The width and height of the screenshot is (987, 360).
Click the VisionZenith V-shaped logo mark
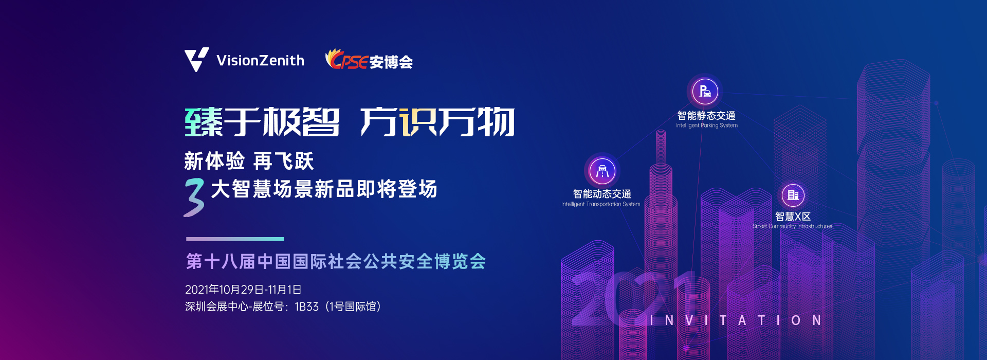(x=196, y=60)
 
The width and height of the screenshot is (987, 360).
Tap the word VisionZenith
(x=260, y=61)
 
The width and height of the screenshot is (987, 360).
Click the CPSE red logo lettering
(x=347, y=60)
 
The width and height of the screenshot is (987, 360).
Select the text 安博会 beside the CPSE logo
(x=391, y=62)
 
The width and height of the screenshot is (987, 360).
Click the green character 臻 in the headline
(x=204, y=122)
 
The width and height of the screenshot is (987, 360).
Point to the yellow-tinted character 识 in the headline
(x=418, y=122)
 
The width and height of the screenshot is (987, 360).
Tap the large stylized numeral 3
(x=194, y=197)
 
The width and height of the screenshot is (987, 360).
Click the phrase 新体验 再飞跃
(x=249, y=161)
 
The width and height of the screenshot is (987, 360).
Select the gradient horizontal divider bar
(x=235, y=239)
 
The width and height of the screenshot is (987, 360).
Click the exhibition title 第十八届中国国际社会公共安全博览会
(x=336, y=261)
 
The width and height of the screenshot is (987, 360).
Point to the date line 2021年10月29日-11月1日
(x=243, y=290)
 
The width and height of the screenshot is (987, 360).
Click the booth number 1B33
(x=307, y=307)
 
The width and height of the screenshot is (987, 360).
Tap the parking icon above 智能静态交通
(x=705, y=92)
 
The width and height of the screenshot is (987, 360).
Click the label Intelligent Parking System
(x=707, y=125)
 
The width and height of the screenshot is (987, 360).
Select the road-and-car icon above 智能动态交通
(x=602, y=170)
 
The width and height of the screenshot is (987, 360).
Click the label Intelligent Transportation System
(x=601, y=204)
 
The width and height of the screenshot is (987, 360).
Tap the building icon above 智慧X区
(x=793, y=195)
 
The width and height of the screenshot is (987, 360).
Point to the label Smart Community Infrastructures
(x=792, y=226)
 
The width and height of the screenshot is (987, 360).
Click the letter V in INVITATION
(x=689, y=320)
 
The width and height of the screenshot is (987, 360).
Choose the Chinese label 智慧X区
(x=793, y=217)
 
